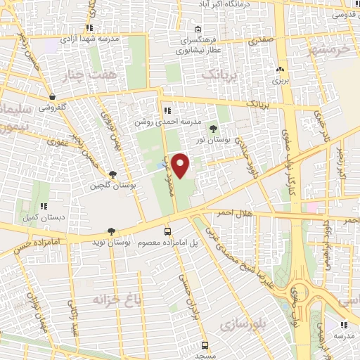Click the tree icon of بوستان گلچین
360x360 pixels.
tap(112, 174)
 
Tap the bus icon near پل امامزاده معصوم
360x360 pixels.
tap(167, 231)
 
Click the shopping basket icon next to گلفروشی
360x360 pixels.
tap(53, 97)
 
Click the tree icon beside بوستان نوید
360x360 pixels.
tap(111, 231)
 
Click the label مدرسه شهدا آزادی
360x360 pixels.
tap(87, 39)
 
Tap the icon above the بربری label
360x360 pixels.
tap(281, 69)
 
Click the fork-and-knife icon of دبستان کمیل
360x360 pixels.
tap(44, 207)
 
